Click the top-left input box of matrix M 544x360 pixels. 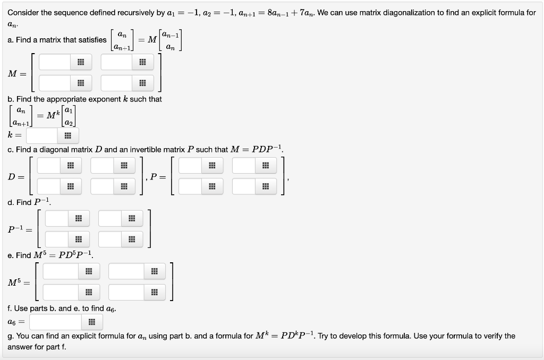pyautogui.click(x=55, y=62)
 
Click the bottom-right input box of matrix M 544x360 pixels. pyautogui.click(x=117, y=83)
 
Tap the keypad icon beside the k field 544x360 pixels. pyautogui.click(x=67, y=135)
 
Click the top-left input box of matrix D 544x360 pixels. pyautogui.click(x=48, y=166)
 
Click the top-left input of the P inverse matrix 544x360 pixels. pyautogui.click(x=56, y=218)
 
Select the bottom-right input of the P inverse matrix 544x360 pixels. pyautogui.click(x=110, y=239)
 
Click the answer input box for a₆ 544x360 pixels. pyautogui.click(x=55, y=322)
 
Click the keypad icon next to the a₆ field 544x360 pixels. pyautogui.click(x=91, y=322)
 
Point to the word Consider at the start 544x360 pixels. pyautogui.click(x=23, y=12)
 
